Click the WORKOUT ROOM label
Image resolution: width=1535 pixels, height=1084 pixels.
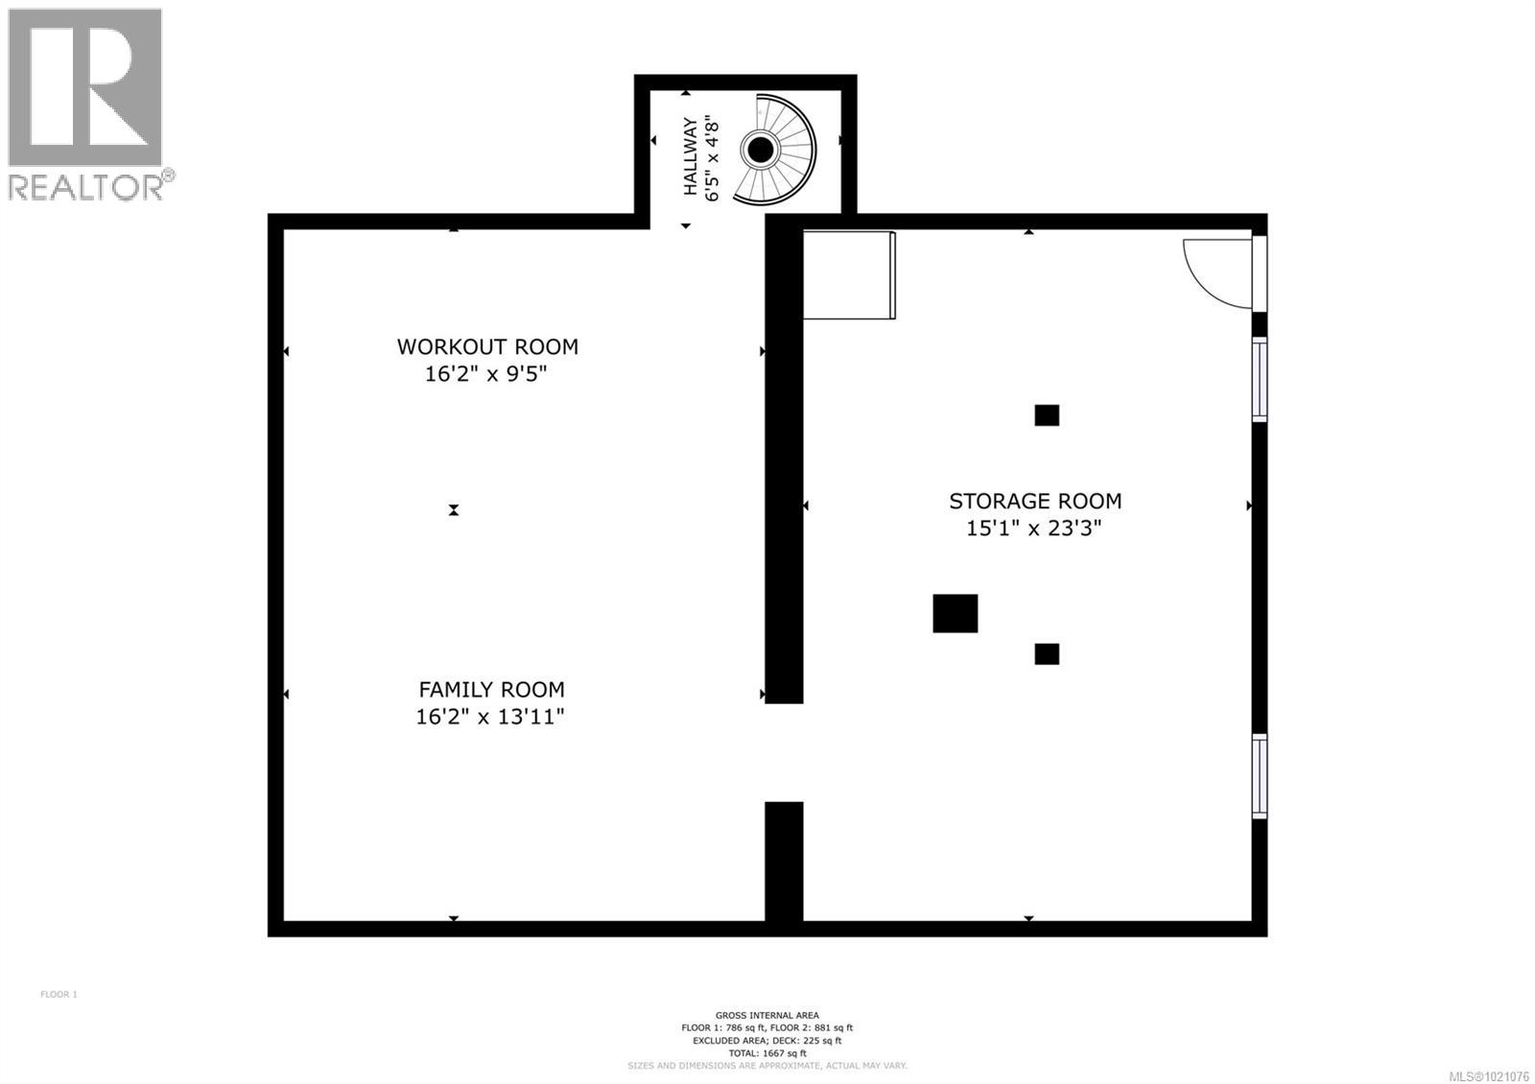click(487, 346)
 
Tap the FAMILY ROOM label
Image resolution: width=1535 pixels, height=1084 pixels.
click(491, 689)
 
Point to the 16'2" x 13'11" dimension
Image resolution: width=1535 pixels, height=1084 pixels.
click(489, 717)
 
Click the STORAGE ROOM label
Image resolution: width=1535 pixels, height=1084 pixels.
click(1035, 501)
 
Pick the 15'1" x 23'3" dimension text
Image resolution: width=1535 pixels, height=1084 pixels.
click(1033, 528)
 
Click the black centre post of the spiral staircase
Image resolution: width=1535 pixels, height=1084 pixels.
click(761, 150)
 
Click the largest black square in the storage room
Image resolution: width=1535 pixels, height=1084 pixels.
click(955, 614)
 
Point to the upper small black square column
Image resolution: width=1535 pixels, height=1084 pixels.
click(1047, 415)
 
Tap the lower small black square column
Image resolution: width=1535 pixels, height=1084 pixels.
click(1047, 654)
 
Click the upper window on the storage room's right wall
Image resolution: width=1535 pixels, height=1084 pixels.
click(1260, 379)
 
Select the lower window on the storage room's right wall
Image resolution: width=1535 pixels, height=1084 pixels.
click(1260, 776)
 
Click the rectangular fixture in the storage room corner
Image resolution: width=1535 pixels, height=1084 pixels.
click(848, 274)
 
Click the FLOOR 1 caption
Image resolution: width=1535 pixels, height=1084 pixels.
click(59, 994)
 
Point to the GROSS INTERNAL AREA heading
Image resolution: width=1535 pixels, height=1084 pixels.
click(767, 1015)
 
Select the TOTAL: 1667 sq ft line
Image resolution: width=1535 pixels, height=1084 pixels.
click(767, 1053)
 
